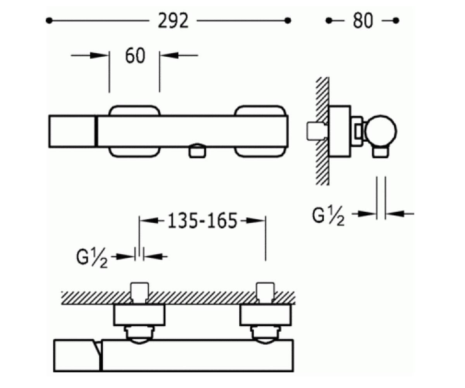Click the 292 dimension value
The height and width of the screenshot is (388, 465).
click(173, 21)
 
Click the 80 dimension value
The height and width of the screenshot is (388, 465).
click(363, 21)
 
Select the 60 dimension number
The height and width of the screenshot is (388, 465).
click(135, 55)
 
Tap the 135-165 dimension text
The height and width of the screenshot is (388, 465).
click(202, 221)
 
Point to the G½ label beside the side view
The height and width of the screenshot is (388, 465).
click(328, 217)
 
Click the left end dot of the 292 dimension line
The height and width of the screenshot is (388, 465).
click(49, 21)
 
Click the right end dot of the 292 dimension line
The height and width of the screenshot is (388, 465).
click(288, 21)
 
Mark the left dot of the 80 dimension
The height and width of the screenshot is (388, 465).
click(329, 21)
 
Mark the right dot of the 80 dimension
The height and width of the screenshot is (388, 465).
click(396, 21)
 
